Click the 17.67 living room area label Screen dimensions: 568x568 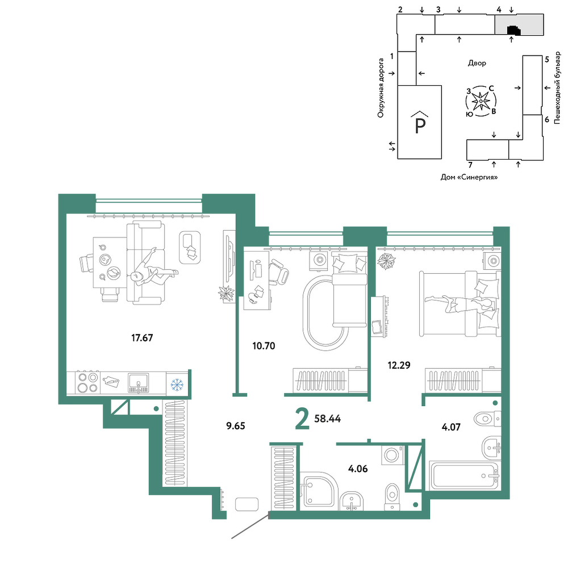coord(142,338)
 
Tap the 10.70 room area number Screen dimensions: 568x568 coord(264,346)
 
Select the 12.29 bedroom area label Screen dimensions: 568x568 coord(399,365)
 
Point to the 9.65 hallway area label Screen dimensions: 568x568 coord(236,426)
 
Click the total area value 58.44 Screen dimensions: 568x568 coord(328,419)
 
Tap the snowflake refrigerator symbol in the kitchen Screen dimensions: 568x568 coord(177,385)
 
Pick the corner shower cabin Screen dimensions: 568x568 coord(319,491)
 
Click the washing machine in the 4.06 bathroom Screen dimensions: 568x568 coord(392,454)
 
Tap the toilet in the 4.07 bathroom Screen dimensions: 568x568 coord(487,419)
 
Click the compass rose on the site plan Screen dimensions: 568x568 coord(481,102)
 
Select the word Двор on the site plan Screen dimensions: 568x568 coord(477,63)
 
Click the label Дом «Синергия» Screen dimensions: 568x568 coord(469,177)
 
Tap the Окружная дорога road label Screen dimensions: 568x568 coord(381,88)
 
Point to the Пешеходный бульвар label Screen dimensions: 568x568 coord(557,88)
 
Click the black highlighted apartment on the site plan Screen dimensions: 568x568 coord(513,31)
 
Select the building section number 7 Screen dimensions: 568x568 coord(470,165)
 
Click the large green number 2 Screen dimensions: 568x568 coord(303,419)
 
